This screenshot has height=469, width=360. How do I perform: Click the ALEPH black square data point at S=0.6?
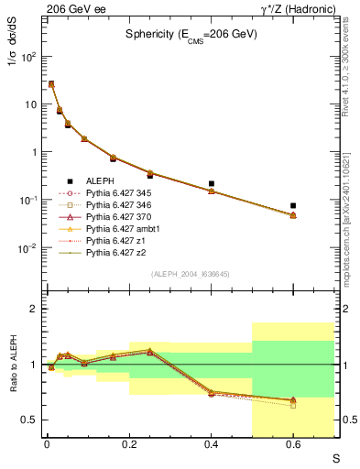293,205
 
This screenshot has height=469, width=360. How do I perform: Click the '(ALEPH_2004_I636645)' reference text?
191,274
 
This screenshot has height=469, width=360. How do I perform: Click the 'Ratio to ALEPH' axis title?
13,364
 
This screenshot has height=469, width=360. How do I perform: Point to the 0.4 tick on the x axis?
212,446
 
